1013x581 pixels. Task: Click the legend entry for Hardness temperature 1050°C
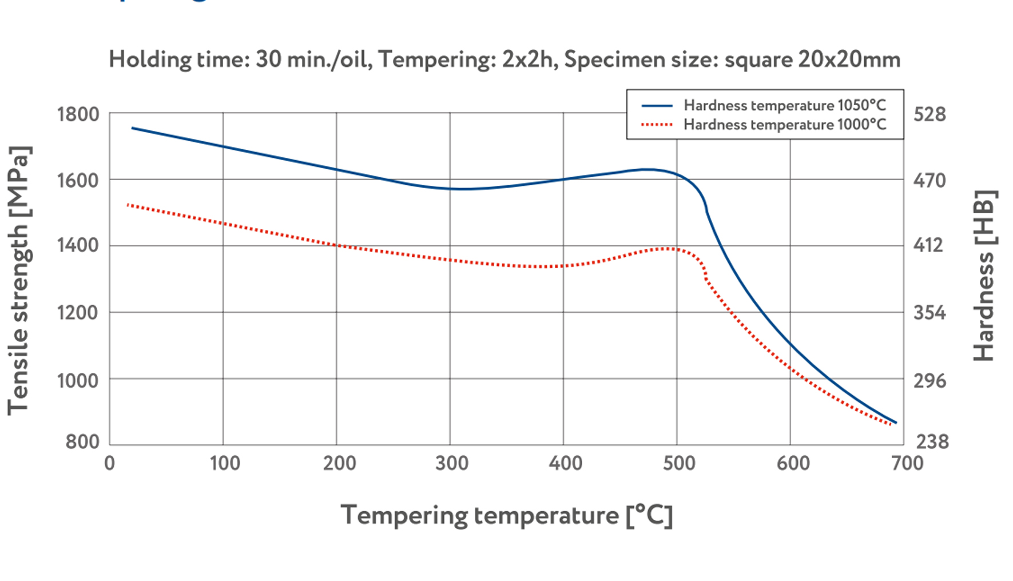(x=784, y=105)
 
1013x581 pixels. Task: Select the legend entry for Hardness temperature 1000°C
(x=784, y=125)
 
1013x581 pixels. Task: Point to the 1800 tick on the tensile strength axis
(x=78, y=114)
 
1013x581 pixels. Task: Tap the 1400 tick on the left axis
(x=78, y=245)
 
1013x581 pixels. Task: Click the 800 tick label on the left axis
(x=82, y=441)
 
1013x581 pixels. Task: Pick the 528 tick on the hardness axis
(x=929, y=114)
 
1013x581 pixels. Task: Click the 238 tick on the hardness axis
(x=932, y=441)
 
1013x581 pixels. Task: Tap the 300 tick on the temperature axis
(x=452, y=463)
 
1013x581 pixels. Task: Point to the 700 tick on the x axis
(x=907, y=463)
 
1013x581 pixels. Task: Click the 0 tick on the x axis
(x=110, y=463)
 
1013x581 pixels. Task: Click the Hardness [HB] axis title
(x=984, y=276)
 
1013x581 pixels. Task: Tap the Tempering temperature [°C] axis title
(x=507, y=515)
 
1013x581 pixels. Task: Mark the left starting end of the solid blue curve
(x=133, y=128)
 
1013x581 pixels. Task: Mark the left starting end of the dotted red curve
(x=128, y=204)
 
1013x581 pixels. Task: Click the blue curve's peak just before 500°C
(x=646, y=169)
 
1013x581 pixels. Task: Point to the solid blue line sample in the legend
(x=657, y=106)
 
